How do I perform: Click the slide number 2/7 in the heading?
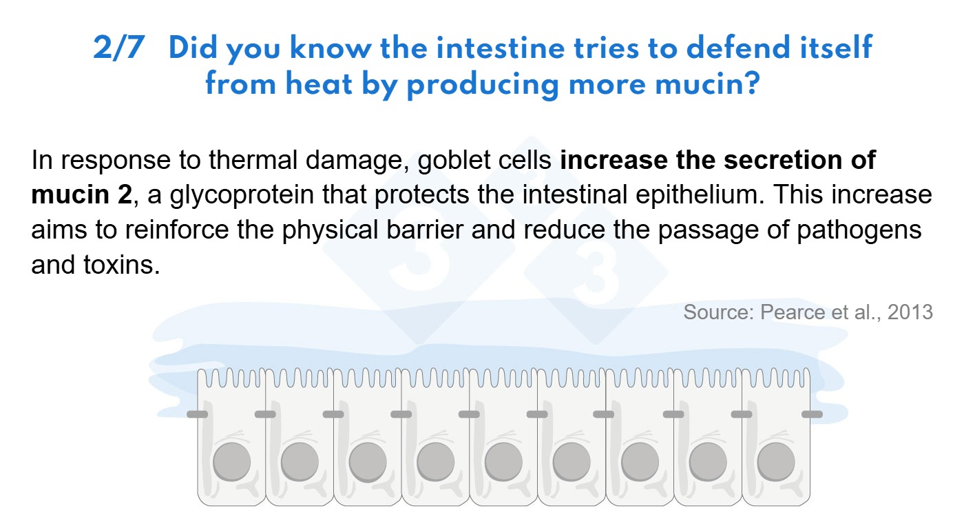pyautogui.click(x=118, y=48)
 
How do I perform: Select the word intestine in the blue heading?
pyautogui.click(x=500, y=48)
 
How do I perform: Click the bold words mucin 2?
pyautogui.click(x=82, y=194)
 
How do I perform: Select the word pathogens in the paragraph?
pyautogui.click(x=859, y=230)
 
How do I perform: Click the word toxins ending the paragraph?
pyautogui.click(x=122, y=265)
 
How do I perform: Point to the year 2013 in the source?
pyautogui.click(x=910, y=312)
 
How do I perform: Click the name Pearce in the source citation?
pyautogui.click(x=792, y=312)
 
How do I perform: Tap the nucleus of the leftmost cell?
pyautogui.click(x=231, y=462)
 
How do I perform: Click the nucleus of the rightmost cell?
pyautogui.click(x=776, y=462)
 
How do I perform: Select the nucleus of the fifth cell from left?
pyautogui.click(x=503, y=462)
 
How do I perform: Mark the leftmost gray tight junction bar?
pyautogui.click(x=197, y=414)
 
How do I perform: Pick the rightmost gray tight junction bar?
pyautogui.click(x=812, y=414)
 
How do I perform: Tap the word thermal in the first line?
pyautogui.click(x=253, y=160)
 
